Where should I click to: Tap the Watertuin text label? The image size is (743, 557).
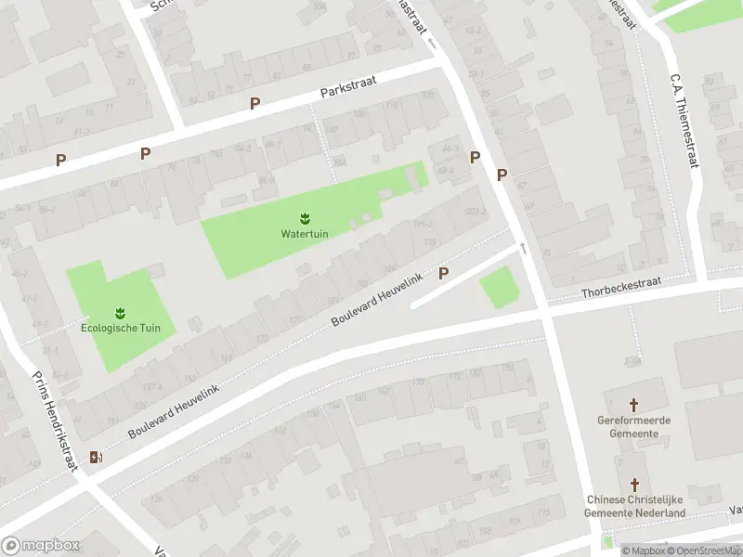tap(305, 233)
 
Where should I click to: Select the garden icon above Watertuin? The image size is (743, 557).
tap(305, 218)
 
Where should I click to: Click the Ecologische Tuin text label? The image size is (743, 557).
tap(121, 328)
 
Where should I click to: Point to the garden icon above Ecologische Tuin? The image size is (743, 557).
tap(121, 312)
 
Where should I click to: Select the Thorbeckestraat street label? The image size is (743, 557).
tap(620, 291)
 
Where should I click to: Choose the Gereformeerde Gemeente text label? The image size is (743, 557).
tap(634, 426)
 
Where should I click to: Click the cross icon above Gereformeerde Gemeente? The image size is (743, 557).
tap(634, 405)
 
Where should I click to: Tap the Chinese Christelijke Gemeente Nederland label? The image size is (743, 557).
tap(635, 506)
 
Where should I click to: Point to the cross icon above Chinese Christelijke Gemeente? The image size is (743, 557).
tap(635, 485)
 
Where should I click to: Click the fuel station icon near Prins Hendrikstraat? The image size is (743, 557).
tap(95, 457)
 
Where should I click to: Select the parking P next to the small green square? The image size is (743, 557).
tap(443, 273)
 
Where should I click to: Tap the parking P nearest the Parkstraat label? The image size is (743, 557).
tap(254, 103)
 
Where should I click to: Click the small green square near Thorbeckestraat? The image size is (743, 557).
tap(499, 287)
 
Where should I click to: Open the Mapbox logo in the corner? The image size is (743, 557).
tap(41, 545)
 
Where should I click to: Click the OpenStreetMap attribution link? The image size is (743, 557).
tap(704, 551)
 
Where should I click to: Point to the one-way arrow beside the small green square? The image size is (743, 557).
tap(523, 248)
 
